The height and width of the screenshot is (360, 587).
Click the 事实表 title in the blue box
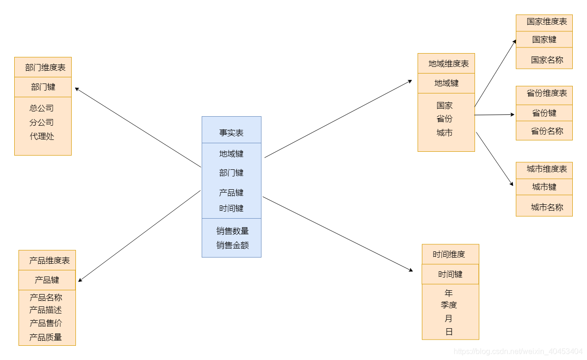[231, 133]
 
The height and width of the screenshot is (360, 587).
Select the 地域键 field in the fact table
[231, 154]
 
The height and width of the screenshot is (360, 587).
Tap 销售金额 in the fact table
[233, 245]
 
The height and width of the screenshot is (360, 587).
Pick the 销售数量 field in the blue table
[233, 231]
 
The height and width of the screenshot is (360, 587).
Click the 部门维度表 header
[45, 67]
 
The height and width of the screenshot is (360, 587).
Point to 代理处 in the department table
[42, 136]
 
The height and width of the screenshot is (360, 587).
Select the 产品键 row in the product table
[47, 280]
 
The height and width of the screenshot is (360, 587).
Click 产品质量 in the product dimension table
[46, 337]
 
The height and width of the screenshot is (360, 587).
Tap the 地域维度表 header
[448, 64]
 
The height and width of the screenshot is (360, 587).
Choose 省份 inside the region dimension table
[445, 119]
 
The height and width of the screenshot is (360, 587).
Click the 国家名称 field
[547, 60]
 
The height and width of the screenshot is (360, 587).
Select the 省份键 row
[544, 113]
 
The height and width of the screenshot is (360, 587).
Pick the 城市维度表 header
[546, 169]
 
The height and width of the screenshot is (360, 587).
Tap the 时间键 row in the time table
[450, 274]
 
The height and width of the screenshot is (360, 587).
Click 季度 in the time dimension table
[448, 305]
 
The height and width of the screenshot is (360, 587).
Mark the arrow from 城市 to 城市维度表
[494, 159]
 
